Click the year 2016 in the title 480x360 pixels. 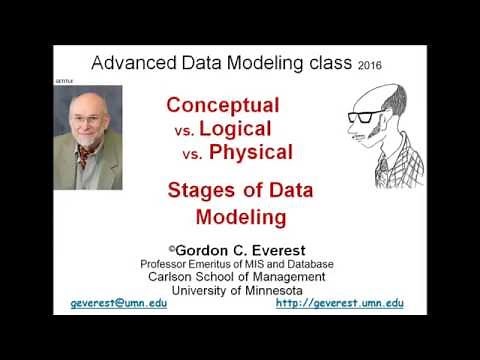368,65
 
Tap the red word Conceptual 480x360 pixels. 222,105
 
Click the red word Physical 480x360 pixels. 251,153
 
